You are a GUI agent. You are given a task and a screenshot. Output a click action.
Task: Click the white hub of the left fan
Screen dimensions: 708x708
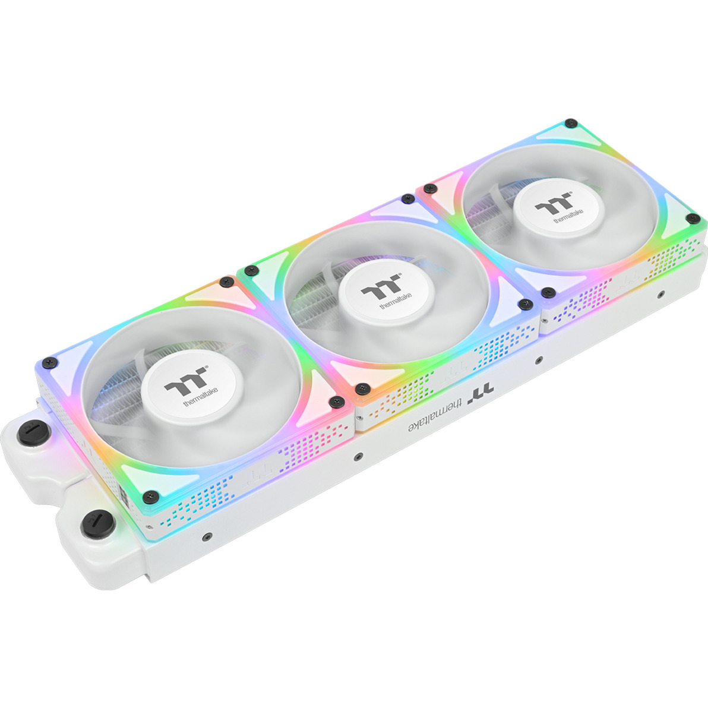[x=192, y=387]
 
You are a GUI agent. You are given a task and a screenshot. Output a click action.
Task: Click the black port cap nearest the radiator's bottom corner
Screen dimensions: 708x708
[x=98, y=524]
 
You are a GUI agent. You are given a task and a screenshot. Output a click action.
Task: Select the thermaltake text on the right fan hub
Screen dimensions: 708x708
[x=568, y=216]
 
